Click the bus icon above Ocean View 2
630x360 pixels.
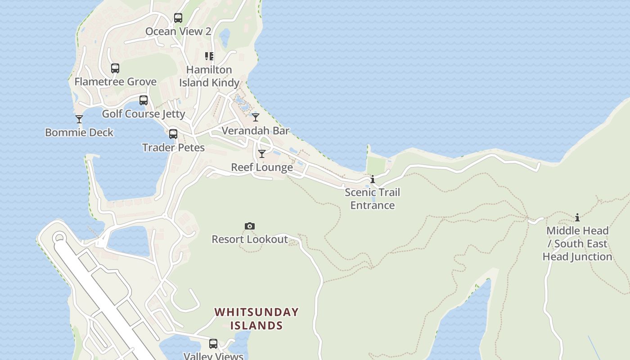tap(178, 18)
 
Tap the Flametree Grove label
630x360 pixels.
tap(116, 81)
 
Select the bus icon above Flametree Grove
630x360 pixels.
tap(115, 68)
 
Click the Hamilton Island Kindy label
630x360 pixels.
tap(209, 76)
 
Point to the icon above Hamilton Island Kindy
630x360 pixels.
tap(209, 56)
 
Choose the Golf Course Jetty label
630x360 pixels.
tap(144, 113)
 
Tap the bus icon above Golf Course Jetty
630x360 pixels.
tap(144, 100)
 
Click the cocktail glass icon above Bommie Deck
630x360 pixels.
tap(79, 119)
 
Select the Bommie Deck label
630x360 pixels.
tap(79, 132)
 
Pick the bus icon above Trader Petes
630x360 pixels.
tap(173, 134)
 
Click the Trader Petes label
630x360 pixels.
tap(173, 148)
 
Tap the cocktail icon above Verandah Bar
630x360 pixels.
tap(256, 117)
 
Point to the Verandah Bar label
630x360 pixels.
tap(256, 130)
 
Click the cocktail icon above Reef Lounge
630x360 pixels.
tap(262, 154)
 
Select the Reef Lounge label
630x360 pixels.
tap(262, 167)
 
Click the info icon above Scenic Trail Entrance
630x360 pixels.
tap(373, 179)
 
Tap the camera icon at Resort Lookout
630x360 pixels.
tap(250, 226)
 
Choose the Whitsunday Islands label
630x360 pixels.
tap(256, 319)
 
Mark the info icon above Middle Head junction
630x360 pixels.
tap(577, 218)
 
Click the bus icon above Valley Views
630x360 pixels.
tap(213, 344)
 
